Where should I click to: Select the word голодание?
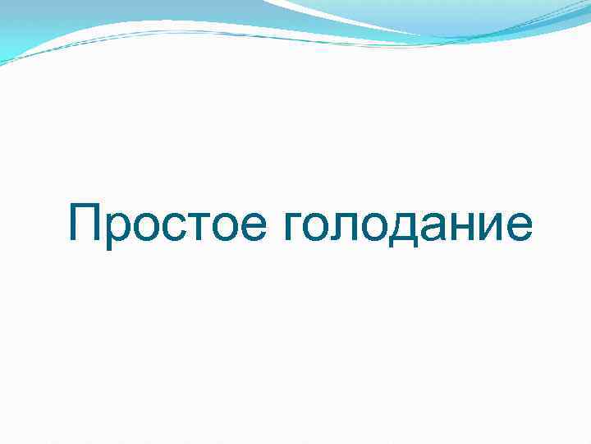407,227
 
